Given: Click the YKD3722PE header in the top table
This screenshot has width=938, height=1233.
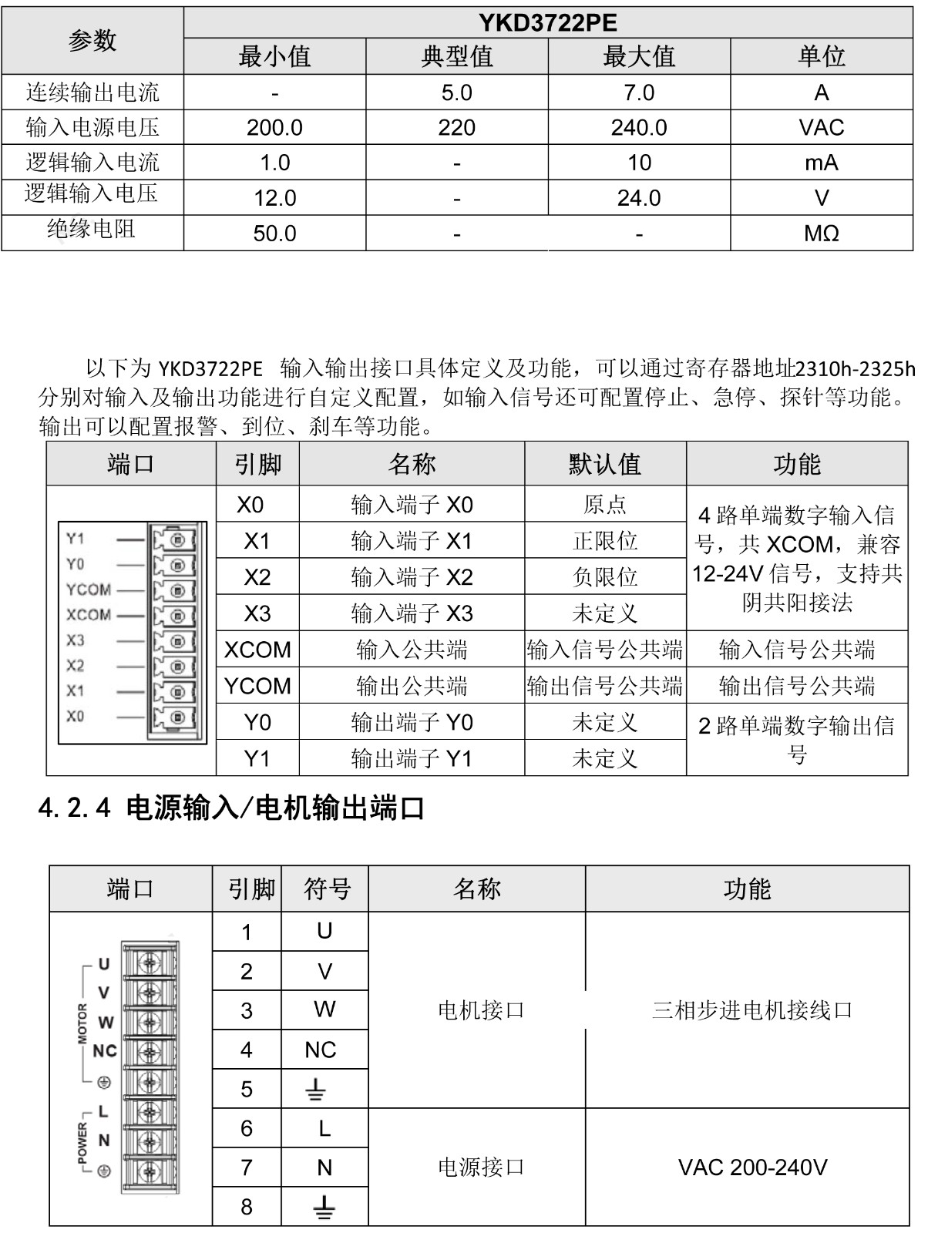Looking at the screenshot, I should tap(548, 23).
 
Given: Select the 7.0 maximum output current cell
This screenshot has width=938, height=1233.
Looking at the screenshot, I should tap(639, 93).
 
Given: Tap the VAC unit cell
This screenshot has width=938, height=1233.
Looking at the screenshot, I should tap(821, 128).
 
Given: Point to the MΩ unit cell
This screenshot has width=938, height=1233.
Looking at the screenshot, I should tap(821, 233).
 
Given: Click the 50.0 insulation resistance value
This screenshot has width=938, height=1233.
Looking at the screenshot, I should tap(274, 233).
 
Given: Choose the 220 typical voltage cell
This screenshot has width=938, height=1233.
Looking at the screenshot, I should tap(456, 128).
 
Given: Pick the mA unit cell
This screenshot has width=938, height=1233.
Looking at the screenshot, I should tap(821, 163).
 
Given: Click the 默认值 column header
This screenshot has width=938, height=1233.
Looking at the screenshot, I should tap(605, 465).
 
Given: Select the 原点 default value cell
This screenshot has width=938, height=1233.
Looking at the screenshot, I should tap(605, 505).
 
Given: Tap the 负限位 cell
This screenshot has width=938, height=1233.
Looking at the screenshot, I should tap(605, 577).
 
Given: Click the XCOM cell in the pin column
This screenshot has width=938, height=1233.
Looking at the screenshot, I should tap(257, 650).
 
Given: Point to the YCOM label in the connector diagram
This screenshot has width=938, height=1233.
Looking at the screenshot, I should tap(89, 590).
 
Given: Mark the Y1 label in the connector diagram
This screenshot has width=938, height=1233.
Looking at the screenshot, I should tap(75, 539).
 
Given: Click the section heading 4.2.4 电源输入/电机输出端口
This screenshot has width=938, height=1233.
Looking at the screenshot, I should tap(231, 808).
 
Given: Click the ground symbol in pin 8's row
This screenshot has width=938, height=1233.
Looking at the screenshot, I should tap(324, 1207).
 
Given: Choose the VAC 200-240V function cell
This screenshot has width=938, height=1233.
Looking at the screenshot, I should tap(752, 1167).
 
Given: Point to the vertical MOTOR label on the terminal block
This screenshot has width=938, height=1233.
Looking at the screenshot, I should tap(83, 1023).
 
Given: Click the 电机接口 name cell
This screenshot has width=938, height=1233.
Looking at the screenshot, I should tap(481, 1010).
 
